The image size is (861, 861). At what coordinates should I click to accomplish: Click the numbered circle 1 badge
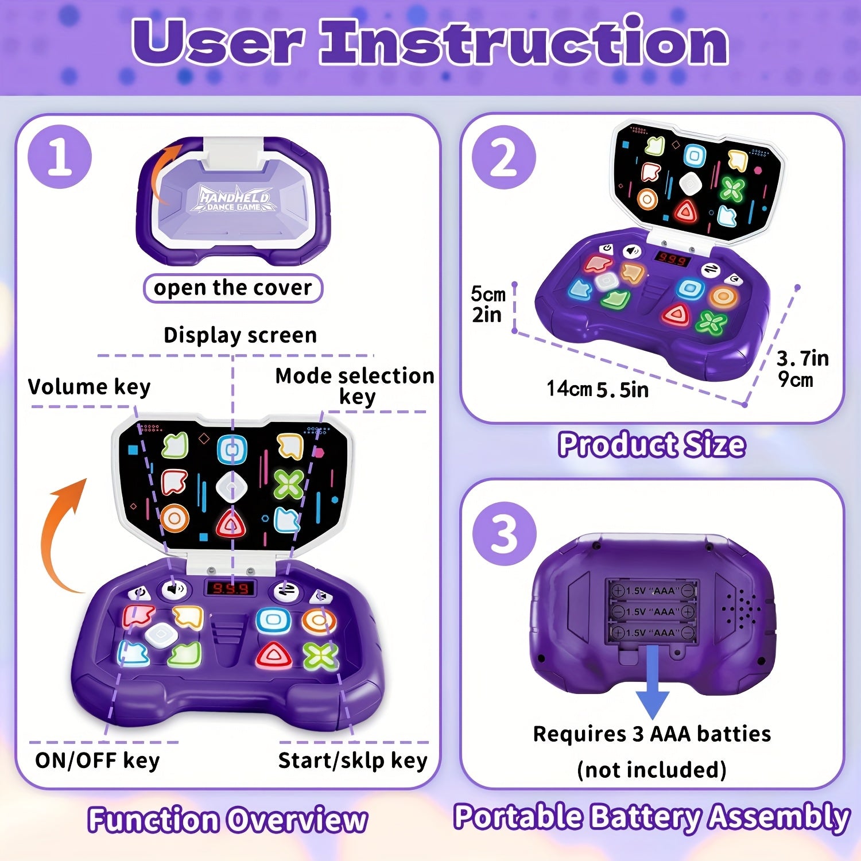click(x=60, y=157)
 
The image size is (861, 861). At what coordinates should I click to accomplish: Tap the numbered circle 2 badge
click(x=503, y=157)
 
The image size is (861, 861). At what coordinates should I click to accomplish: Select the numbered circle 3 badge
click(x=504, y=534)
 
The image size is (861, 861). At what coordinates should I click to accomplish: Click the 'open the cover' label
click(x=232, y=288)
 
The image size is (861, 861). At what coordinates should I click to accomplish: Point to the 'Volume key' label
click(x=89, y=387)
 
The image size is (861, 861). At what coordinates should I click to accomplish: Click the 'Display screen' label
click(x=240, y=335)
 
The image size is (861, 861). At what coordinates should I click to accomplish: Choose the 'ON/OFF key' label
click(x=97, y=761)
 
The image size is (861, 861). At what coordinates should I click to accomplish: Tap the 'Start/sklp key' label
click(x=352, y=761)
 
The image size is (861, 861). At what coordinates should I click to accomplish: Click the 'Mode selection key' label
click(x=355, y=386)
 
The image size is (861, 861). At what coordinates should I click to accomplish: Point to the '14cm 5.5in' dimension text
click(x=597, y=389)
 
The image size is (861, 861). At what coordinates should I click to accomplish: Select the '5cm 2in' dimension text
click(x=488, y=304)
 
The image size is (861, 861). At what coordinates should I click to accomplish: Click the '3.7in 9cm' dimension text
click(x=802, y=369)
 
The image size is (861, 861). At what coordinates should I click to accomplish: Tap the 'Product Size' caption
click(x=652, y=445)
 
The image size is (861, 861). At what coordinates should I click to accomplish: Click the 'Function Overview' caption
click(x=227, y=819)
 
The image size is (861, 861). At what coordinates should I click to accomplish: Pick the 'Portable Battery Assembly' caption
click(x=651, y=817)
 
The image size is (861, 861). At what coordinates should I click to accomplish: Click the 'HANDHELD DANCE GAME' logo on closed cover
click(x=234, y=199)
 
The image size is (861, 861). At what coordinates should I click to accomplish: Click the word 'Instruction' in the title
click(x=523, y=41)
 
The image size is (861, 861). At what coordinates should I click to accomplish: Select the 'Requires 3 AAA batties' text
click(x=652, y=734)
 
